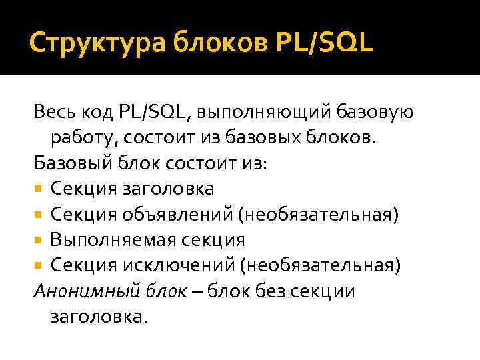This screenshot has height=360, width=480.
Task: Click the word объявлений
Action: pos(175,215)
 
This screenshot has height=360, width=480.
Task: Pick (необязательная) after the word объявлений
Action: pos(321,215)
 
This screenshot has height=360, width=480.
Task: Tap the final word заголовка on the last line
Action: pos(95,317)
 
